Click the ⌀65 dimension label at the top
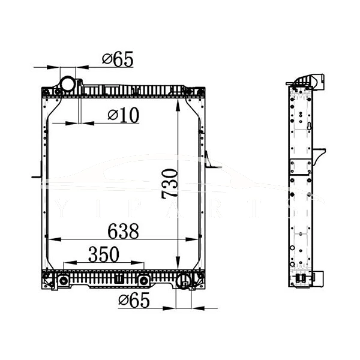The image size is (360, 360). click(x=117, y=59)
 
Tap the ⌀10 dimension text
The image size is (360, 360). click(x=123, y=115)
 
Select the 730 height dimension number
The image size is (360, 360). click(x=170, y=183)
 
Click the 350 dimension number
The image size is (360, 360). click(x=103, y=254)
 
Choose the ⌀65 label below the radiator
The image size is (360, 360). click(x=134, y=300)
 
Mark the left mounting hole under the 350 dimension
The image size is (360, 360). click(x=64, y=281)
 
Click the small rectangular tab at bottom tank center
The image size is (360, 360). click(x=119, y=279)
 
